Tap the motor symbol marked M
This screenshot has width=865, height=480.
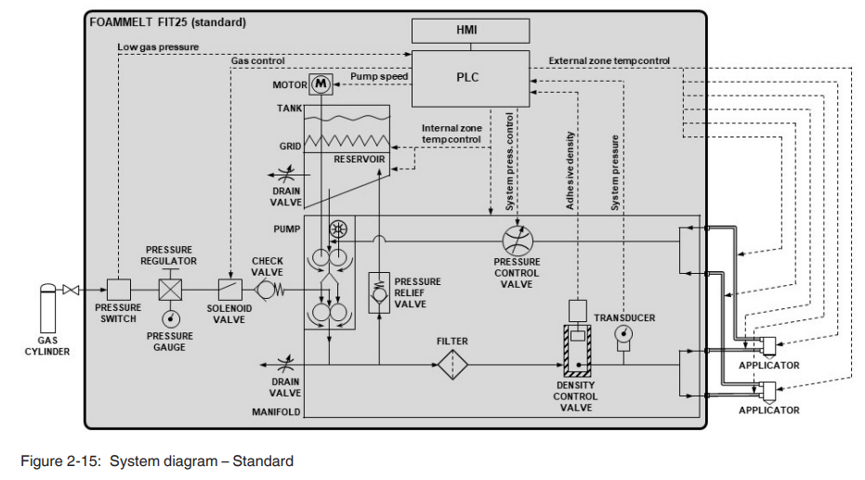tap(321, 84)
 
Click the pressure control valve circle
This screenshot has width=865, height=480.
tap(518, 241)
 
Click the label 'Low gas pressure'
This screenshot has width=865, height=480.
tap(158, 46)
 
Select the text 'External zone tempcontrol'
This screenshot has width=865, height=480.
tap(609, 61)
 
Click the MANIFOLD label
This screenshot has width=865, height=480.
tap(276, 411)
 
